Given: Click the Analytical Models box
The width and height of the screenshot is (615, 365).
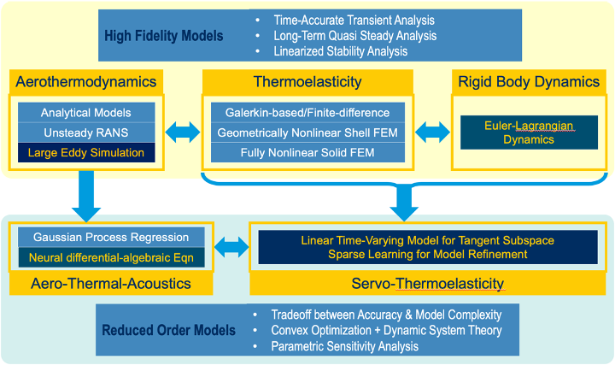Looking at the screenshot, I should point(85,112).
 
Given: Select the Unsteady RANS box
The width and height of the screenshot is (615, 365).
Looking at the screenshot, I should point(85,132).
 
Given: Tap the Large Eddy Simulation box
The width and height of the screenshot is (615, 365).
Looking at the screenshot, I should point(85,154).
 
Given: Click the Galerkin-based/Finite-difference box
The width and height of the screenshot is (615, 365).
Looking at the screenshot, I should point(307,112).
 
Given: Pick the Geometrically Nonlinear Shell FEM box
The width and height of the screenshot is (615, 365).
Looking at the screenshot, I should point(307,133).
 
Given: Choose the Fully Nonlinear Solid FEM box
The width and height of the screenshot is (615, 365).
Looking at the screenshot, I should point(307,154).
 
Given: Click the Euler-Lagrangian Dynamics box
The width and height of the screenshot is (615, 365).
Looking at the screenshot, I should point(528,132).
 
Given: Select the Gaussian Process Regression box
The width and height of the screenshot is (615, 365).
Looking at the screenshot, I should point(110,236).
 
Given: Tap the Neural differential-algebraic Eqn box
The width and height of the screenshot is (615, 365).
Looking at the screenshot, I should point(110,256).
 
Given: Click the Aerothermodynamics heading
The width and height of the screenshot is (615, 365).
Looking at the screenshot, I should point(86,82).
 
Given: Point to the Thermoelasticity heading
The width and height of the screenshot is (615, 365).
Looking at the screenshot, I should point(307,82).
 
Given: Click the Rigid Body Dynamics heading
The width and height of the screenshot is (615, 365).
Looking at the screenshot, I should point(527,82).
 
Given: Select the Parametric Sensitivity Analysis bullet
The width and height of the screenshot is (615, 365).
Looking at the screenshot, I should point(345,346).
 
